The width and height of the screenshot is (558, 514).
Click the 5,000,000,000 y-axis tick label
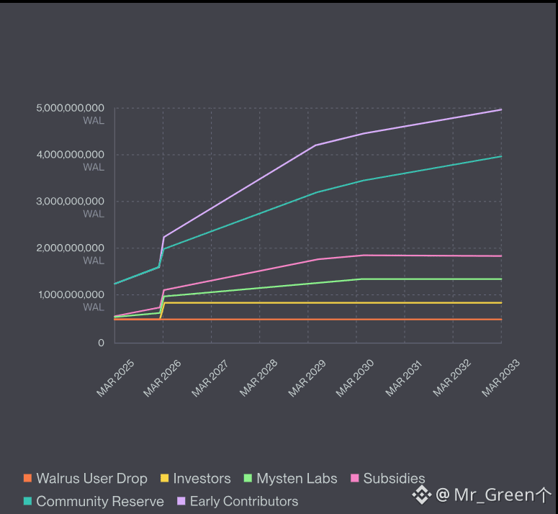pyautogui.click(x=70, y=108)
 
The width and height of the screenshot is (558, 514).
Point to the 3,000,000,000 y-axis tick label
pyautogui.click(x=70, y=202)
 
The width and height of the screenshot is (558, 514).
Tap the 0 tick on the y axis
pyautogui.click(x=101, y=343)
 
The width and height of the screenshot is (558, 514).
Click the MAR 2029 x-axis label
pyautogui.click(x=307, y=377)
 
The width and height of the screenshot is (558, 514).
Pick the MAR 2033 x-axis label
pyautogui.click(x=501, y=377)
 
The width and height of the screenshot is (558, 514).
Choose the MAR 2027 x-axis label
pyautogui.click(x=210, y=377)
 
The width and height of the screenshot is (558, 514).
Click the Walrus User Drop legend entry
pyautogui.click(x=91, y=479)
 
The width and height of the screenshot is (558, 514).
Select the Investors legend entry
pyautogui.click(x=202, y=479)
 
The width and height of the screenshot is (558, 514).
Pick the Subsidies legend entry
pyautogui.click(x=394, y=479)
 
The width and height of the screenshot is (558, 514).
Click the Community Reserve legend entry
pyautogui.click(x=99, y=501)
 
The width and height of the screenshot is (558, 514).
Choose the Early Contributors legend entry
pyautogui.click(x=243, y=501)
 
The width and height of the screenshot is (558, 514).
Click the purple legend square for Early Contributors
pyautogui.click(x=181, y=501)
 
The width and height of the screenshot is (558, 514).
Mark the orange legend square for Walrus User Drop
pyautogui.click(x=28, y=479)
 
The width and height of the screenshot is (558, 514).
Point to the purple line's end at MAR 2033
pyautogui.click(x=501, y=109)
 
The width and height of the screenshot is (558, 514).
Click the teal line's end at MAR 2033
pyautogui.click(x=501, y=156)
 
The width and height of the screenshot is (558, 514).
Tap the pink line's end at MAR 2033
pyautogui.click(x=501, y=256)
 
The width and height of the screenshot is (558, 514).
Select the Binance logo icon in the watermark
pyautogui.click(x=421, y=495)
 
